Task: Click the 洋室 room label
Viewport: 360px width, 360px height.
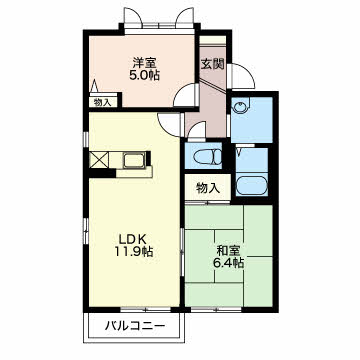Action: click(x=144, y=63)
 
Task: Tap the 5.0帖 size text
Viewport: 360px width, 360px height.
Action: click(x=144, y=75)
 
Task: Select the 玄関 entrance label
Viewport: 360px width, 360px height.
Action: click(x=212, y=63)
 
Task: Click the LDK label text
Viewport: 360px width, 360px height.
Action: click(x=133, y=239)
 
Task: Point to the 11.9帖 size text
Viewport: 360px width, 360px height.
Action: click(x=134, y=251)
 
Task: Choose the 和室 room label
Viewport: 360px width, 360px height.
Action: click(x=228, y=250)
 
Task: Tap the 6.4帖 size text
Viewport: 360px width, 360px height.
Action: click(x=228, y=263)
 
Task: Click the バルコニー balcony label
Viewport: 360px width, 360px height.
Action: click(x=135, y=325)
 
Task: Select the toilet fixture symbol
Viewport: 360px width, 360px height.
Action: click(x=209, y=156)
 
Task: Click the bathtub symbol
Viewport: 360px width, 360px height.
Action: click(x=252, y=186)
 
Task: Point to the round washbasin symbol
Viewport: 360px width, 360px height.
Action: click(x=240, y=107)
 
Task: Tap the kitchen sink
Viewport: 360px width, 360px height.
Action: click(x=134, y=161)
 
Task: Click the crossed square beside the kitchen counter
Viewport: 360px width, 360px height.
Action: click(x=99, y=160)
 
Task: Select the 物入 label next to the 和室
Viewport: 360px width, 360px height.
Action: click(x=208, y=189)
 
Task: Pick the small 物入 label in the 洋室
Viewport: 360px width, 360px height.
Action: click(x=102, y=103)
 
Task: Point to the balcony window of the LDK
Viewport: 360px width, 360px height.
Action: click(x=146, y=310)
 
